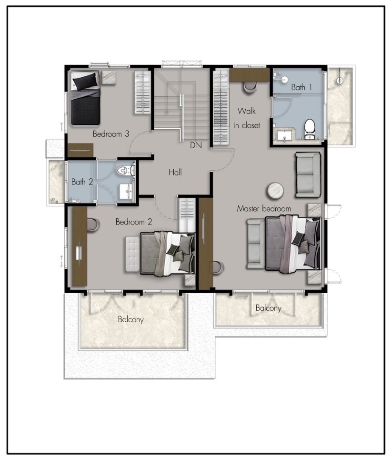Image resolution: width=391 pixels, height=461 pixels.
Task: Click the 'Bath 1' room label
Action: (x=301, y=87)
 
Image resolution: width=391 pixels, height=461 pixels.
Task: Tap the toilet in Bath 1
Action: (x=310, y=129)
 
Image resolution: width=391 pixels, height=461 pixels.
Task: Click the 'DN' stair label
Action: (x=196, y=145)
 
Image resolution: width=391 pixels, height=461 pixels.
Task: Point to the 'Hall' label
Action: (x=175, y=172)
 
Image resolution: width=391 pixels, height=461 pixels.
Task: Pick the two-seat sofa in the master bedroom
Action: (x=308, y=174)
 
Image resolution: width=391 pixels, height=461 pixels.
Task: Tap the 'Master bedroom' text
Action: (x=264, y=208)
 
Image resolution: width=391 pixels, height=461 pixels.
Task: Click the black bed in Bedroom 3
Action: (x=85, y=98)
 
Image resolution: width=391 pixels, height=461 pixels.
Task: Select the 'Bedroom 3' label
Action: (x=111, y=134)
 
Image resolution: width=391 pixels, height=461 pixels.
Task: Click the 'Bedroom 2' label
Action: (x=134, y=222)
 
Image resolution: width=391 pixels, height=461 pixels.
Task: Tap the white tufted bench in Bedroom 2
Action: (x=132, y=254)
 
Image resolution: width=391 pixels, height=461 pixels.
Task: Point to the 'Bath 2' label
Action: (x=82, y=182)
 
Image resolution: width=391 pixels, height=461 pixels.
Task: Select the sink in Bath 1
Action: (x=285, y=136)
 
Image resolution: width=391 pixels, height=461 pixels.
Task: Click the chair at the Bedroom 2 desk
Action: (x=93, y=225)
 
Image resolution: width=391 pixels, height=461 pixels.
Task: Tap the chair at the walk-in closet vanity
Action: (x=250, y=87)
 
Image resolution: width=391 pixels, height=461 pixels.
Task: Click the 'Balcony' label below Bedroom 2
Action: (x=130, y=319)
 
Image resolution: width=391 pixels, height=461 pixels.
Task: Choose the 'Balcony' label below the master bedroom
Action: (x=268, y=308)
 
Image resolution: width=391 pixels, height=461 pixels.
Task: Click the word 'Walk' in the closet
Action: (x=247, y=111)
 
